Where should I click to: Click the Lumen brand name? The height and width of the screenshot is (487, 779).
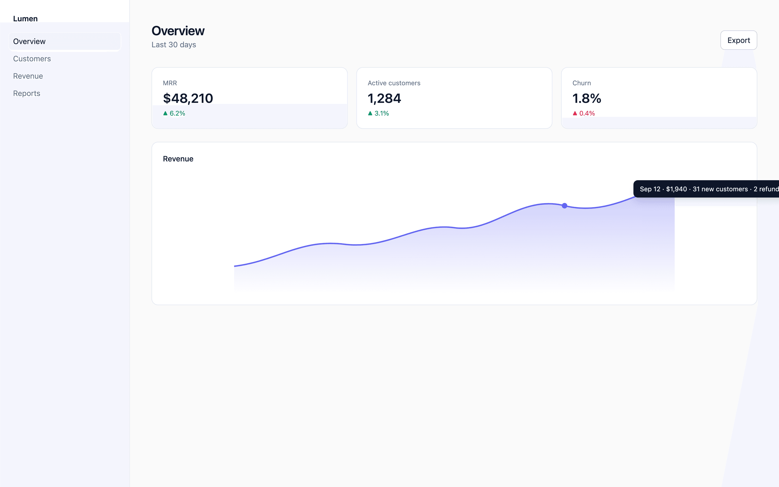click(25, 19)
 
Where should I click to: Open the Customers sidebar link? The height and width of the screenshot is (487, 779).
click(32, 59)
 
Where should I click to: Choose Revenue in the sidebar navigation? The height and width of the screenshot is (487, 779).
click(28, 76)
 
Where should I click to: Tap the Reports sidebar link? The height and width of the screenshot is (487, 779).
click(27, 93)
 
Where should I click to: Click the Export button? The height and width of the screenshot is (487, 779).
click(738, 40)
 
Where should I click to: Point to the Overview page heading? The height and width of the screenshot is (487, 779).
click(178, 31)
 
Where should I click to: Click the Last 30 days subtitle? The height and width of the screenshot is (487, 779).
click(174, 45)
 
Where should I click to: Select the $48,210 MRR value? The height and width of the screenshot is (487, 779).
click(188, 98)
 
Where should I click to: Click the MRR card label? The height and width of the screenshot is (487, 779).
click(170, 83)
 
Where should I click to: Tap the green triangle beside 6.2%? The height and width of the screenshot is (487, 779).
click(166, 113)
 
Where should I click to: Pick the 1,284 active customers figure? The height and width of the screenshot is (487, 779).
click(384, 98)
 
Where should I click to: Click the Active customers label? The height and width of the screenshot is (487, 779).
click(394, 83)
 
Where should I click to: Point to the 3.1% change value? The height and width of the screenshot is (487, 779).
click(382, 113)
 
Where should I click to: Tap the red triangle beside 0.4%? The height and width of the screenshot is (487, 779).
click(575, 113)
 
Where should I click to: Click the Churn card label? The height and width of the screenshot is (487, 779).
click(582, 83)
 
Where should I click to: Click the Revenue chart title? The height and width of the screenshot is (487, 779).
click(178, 159)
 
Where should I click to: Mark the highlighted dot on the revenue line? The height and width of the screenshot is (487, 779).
click(565, 206)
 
